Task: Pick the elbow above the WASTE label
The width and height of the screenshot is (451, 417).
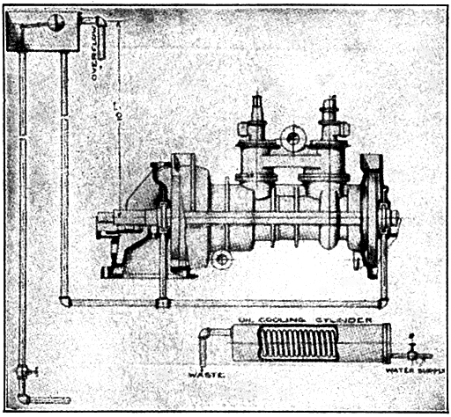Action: [205, 336]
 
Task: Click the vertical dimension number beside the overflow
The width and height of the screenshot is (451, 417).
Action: [118, 109]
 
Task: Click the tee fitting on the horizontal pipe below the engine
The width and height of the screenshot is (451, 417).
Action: [162, 302]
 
